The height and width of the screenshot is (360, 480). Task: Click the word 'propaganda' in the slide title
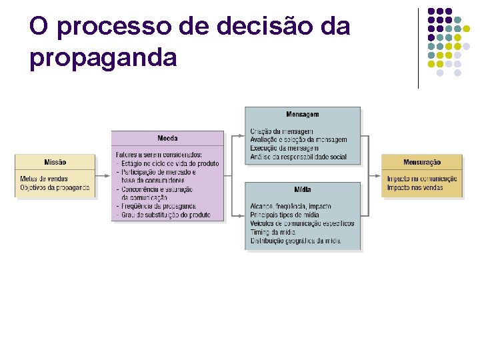(103, 58)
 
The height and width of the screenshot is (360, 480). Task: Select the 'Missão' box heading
(55, 163)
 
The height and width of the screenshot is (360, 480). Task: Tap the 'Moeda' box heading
(167, 139)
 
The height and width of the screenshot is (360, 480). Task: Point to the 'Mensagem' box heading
(303, 115)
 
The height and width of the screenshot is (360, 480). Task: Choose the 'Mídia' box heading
(303, 190)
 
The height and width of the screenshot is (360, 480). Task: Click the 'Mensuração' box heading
(421, 163)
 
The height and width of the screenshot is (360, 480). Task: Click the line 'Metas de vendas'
(44, 179)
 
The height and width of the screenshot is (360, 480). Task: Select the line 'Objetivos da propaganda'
(55, 187)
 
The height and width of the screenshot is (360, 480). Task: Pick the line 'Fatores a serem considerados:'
(159, 155)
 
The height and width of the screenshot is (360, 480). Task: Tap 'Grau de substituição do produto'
(163, 215)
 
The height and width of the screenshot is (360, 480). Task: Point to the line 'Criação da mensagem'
(281, 131)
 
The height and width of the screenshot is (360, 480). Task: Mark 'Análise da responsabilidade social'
(299, 157)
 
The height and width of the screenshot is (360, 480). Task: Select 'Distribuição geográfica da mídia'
(296, 241)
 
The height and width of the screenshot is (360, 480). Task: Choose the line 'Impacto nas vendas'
(415, 187)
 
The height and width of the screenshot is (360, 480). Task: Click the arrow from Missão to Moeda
(103, 176)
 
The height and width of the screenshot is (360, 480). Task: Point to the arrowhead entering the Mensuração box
(378, 176)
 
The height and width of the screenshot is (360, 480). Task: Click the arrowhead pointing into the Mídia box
(242, 215)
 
